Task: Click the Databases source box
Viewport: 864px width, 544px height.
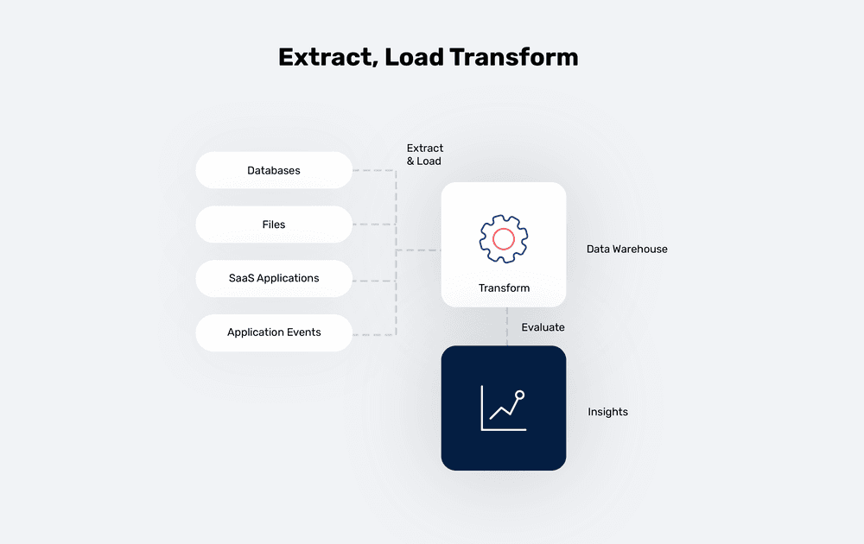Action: point(274,170)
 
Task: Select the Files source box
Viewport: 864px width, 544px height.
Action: point(274,225)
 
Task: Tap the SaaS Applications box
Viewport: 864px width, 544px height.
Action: point(274,278)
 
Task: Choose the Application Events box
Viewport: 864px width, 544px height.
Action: point(274,332)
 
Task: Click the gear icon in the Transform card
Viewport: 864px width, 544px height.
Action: point(504,237)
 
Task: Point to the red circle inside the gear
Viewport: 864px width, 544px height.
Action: point(504,237)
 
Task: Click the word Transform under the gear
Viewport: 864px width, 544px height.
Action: point(504,288)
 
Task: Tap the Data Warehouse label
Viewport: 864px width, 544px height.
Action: point(626,249)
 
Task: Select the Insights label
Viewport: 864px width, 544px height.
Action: point(607,412)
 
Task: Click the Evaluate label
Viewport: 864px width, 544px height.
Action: point(543,327)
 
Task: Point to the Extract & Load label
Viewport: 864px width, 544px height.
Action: point(424,155)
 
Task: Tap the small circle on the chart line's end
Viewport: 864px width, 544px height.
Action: point(519,395)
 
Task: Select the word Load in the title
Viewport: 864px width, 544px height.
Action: point(415,58)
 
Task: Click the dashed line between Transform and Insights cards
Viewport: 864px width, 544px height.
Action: point(507,326)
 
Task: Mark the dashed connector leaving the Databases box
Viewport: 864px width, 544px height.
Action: point(373,170)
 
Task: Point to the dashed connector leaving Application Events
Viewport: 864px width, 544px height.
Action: point(373,333)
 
